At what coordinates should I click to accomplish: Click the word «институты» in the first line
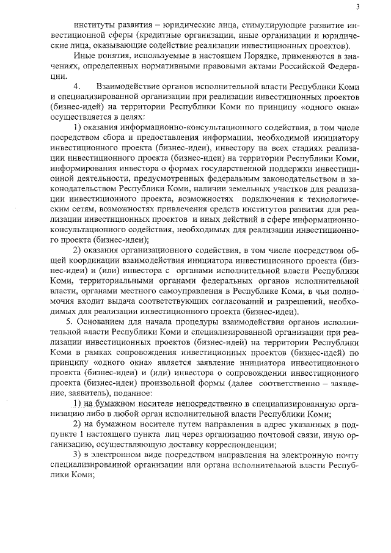tap(93, 26)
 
